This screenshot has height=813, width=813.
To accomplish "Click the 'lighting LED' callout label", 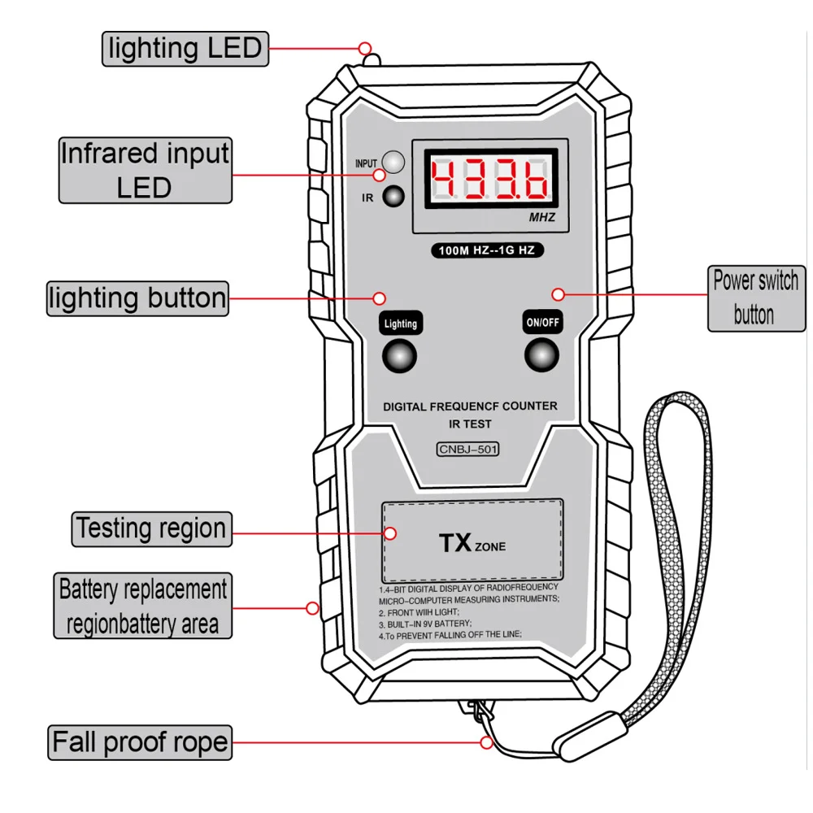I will (185, 48).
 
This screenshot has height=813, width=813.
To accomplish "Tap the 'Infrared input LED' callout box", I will (145, 170).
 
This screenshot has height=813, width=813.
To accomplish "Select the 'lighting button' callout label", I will (137, 298).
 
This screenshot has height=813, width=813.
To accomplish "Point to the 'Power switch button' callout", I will (754, 298).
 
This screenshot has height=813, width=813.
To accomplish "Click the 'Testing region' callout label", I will (151, 528).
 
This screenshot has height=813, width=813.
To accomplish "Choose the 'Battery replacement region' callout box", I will (143, 606).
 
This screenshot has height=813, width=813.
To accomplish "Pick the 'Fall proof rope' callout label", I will (139, 741).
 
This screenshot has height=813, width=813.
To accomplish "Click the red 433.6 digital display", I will (489, 179).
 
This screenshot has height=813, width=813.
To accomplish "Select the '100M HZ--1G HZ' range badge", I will (487, 250).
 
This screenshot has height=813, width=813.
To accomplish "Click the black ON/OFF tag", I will (542, 323).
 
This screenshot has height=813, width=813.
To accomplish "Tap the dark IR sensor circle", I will (394, 196).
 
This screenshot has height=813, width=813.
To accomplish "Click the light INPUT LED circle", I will (393, 161).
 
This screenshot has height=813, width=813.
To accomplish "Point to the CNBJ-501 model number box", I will (467, 448).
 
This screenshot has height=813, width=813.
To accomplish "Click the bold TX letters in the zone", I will (455, 543).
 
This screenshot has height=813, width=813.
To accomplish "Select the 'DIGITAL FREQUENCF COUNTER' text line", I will (470, 406).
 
